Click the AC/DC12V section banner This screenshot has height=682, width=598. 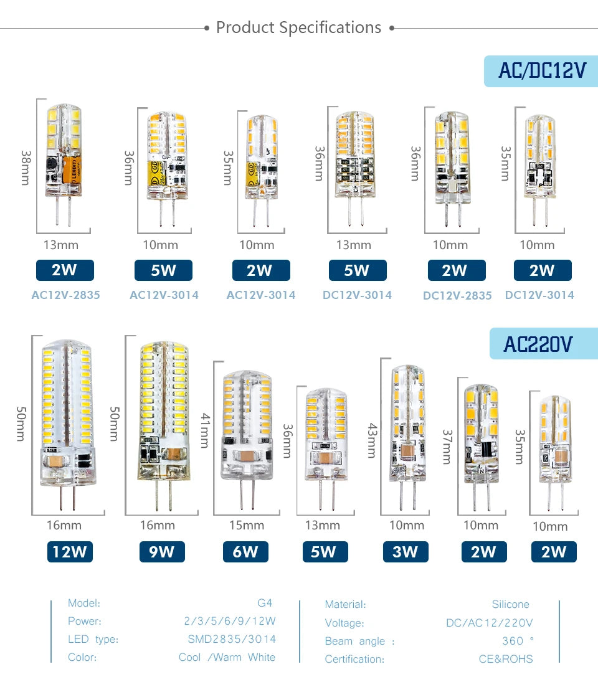point(541,71)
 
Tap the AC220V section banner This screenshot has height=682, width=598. point(544,344)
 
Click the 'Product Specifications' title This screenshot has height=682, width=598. point(299,27)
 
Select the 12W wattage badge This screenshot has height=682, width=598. point(70,552)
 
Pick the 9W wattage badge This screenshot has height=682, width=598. point(162,552)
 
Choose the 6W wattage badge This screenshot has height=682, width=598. point(245,552)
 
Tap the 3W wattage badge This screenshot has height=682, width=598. point(406,552)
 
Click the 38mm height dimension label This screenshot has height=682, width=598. point(26,168)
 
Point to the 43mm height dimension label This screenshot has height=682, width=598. point(372,440)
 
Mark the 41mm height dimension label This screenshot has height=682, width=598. point(205,430)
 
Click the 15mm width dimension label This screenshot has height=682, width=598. point(247,526)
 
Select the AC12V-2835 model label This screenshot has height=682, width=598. point(65,295)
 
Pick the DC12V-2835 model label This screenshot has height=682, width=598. point(457,296)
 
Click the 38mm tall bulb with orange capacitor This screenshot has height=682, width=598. point(64,164)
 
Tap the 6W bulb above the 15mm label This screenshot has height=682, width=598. point(247,439)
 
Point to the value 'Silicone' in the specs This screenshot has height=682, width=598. point(511,604)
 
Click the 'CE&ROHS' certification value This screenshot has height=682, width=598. point(506,659)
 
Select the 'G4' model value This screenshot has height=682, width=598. point(265,603)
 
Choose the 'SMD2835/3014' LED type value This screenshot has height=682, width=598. point(232,639)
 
